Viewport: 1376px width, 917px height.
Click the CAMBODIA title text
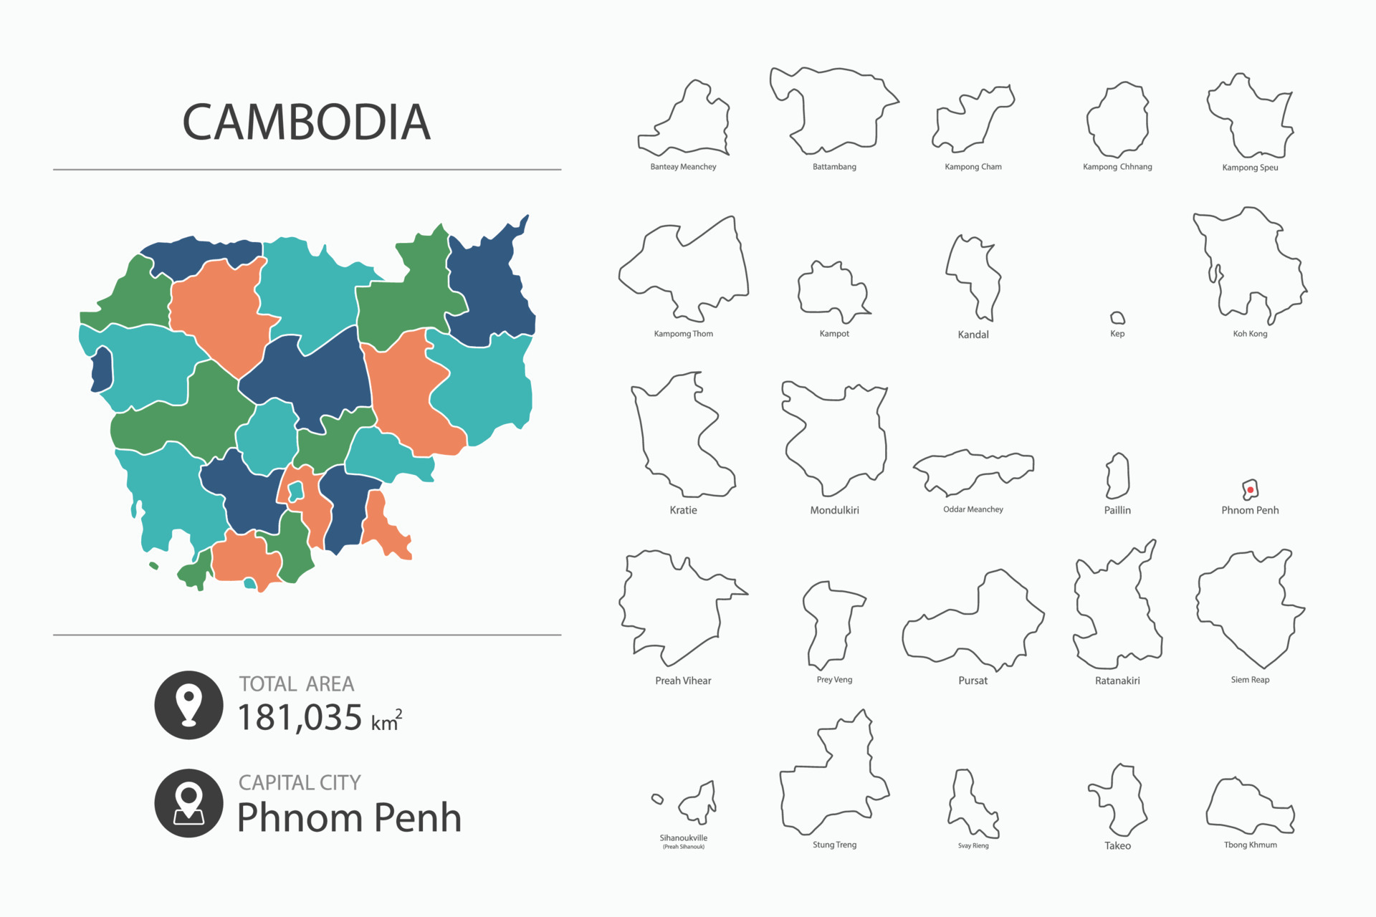pyautogui.click(x=306, y=122)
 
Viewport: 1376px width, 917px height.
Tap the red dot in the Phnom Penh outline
pyautogui.click(x=1250, y=490)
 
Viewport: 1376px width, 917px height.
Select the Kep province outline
pyautogui.click(x=1117, y=318)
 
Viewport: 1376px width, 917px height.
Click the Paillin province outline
pyautogui.click(x=1117, y=476)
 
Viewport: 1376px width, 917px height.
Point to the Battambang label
pyautogui.click(x=834, y=167)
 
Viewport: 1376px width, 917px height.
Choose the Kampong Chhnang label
pyautogui.click(x=1117, y=167)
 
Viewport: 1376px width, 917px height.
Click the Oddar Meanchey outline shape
pyautogui.click(x=973, y=471)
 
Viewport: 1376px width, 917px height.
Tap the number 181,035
pyautogui.click(x=300, y=717)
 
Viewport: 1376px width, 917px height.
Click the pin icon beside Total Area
pyautogui.click(x=189, y=705)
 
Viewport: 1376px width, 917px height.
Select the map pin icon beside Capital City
pyautogui.click(x=189, y=803)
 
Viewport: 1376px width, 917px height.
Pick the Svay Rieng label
pyautogui.click(x=973, y=846)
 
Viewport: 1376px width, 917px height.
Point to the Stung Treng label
pyautogui.click(x=834, y=845)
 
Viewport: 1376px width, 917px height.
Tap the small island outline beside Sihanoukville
pyautogui.click(x=657, y=799)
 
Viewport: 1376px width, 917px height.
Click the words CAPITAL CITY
pyautogui.click(x=300, y=782)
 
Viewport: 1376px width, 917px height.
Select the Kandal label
pyautogui.click(x=973, y=335)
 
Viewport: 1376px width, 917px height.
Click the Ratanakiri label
pyautogui.click(x=1117, y=681)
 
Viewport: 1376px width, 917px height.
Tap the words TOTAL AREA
pyautogui.click(x=297, y=684)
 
